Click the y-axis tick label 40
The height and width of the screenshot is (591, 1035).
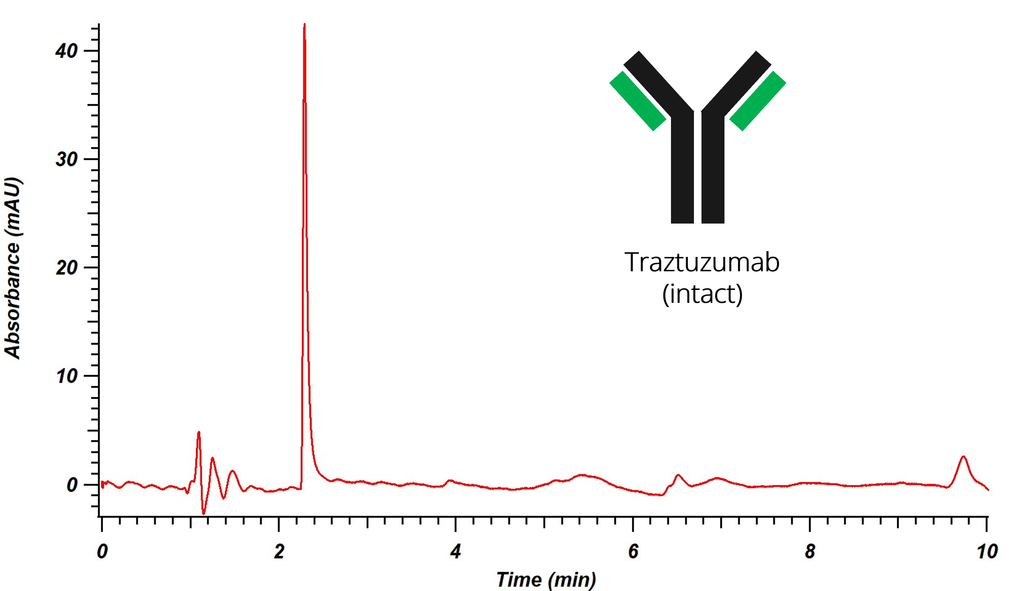pos(66,51)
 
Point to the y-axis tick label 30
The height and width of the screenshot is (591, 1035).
pos(66,159)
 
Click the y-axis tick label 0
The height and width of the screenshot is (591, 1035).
pos(72,485)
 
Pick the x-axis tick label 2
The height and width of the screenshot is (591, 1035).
pos(279,552)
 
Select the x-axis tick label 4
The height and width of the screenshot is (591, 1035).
pos(456,552)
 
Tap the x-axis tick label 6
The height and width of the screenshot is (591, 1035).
pos(633,552)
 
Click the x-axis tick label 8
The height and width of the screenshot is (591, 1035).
pos(810,552)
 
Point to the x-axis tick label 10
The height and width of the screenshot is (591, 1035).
pos(987,552)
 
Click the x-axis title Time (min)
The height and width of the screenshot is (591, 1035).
pos(546,580)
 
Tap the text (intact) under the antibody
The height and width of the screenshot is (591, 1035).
pos(702,294)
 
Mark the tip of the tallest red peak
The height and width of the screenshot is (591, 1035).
pos(304,24)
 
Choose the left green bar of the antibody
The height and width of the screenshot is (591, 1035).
pos(638,101)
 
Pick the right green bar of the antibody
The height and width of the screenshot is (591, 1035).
pos(758,101)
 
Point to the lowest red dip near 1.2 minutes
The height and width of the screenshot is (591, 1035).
pos(204,514)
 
